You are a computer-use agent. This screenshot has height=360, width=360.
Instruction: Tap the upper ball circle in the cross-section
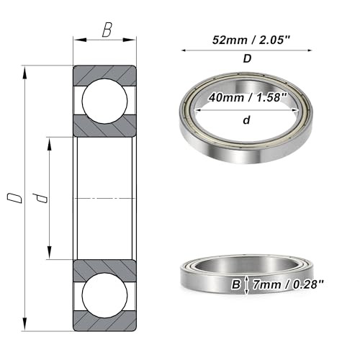(104, 100)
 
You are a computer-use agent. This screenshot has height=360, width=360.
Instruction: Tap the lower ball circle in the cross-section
(104, 295)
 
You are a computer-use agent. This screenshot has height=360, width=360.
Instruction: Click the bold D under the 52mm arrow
(247, 60)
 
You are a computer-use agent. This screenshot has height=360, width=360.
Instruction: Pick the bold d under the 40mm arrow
(247, 120)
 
